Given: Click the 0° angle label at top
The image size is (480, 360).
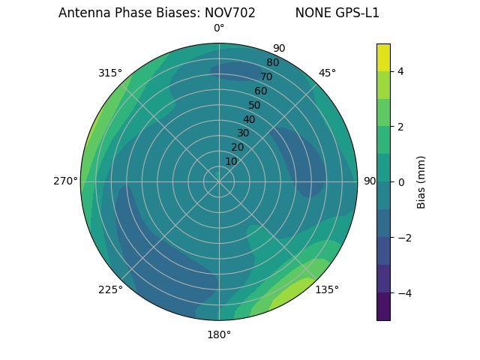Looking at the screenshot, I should (x=219, y=28).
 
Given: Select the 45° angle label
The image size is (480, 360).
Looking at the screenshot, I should (x=327, y=73).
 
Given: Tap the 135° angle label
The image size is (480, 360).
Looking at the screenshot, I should (x=327, y=289).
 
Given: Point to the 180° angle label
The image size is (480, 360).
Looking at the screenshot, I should (x=219, y=334).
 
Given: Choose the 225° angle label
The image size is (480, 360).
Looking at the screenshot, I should (x=110, y=289).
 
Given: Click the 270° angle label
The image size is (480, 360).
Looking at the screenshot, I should (x=66, y=181).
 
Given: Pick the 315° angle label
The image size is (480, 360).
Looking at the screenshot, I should (x=110, y=73).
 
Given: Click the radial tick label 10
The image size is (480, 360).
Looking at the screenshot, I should (x=231, y=161).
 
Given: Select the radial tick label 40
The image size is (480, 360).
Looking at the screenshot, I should (x=249, y=119).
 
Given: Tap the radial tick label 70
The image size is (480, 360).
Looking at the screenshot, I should (x=266, y=76).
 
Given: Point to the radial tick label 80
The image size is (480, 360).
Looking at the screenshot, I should (x=272, y=63).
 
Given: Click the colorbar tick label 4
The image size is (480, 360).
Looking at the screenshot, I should (x=401, y=71).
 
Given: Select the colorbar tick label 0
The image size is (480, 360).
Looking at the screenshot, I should (x=401, y=182).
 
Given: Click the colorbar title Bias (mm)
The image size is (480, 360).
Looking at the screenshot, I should (x=421, y=182).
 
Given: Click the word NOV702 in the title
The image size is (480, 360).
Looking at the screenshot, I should (x=229, y=13).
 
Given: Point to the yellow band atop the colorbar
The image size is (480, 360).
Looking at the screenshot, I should (x=383, y=57).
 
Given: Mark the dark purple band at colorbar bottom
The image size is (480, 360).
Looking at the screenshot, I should (x=383, y=307).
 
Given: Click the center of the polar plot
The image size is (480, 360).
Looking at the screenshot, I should (x=219, y=181).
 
